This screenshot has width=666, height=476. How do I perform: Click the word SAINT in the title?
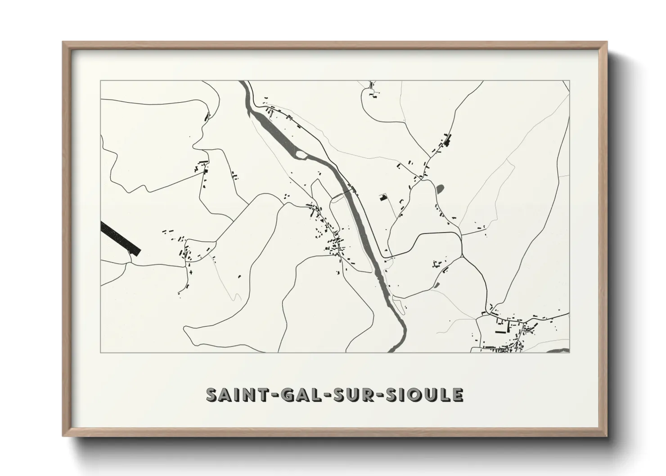[234, 395]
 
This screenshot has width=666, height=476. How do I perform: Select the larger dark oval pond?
[440, 189]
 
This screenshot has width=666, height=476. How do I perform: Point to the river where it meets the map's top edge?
[243, 83]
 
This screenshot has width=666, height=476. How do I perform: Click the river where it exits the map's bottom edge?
[391, 350]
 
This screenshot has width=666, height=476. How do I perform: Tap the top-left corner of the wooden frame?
[63, 43]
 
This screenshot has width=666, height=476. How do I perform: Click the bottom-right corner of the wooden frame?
[606, 436]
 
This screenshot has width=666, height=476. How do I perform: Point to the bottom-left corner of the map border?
[100, 352]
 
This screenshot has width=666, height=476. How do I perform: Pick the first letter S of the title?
[212, 395]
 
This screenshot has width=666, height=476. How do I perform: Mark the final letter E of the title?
[457, 395]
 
